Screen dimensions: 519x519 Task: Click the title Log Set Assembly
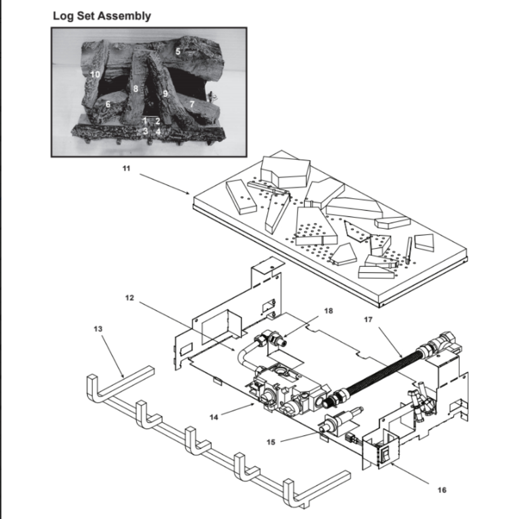[x=102, y=16]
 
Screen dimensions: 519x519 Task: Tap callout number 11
[x=127, y=170]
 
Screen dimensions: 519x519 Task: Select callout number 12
[x=130, y=298]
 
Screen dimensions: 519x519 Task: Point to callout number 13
[x=99, y=329]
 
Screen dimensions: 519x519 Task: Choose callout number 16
[x=442, y=489]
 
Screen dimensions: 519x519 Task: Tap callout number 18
[x=329, y=311]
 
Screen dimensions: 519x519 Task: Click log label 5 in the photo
[x=178, y=51]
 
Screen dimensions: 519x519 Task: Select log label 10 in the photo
[x=94, y=74]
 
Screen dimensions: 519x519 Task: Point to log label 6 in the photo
[x=108, y=104]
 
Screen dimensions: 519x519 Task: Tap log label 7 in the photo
[x=192, y=104]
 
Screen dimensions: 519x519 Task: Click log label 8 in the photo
[x=135, y=89]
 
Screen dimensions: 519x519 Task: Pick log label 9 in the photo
[x=165, y=93]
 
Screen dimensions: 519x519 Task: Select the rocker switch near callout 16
[x=385, y=456]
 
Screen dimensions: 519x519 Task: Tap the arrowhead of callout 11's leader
[x=190, y=194]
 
